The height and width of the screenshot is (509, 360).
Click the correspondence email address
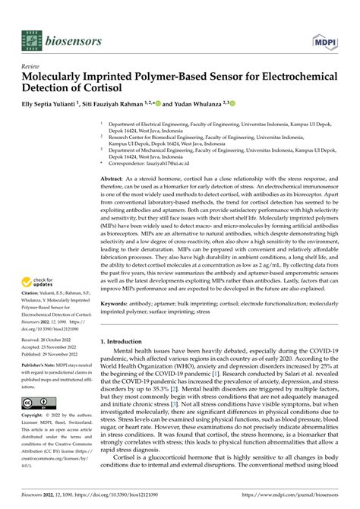[168, 163]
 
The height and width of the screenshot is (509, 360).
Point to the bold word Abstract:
[114, 177]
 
